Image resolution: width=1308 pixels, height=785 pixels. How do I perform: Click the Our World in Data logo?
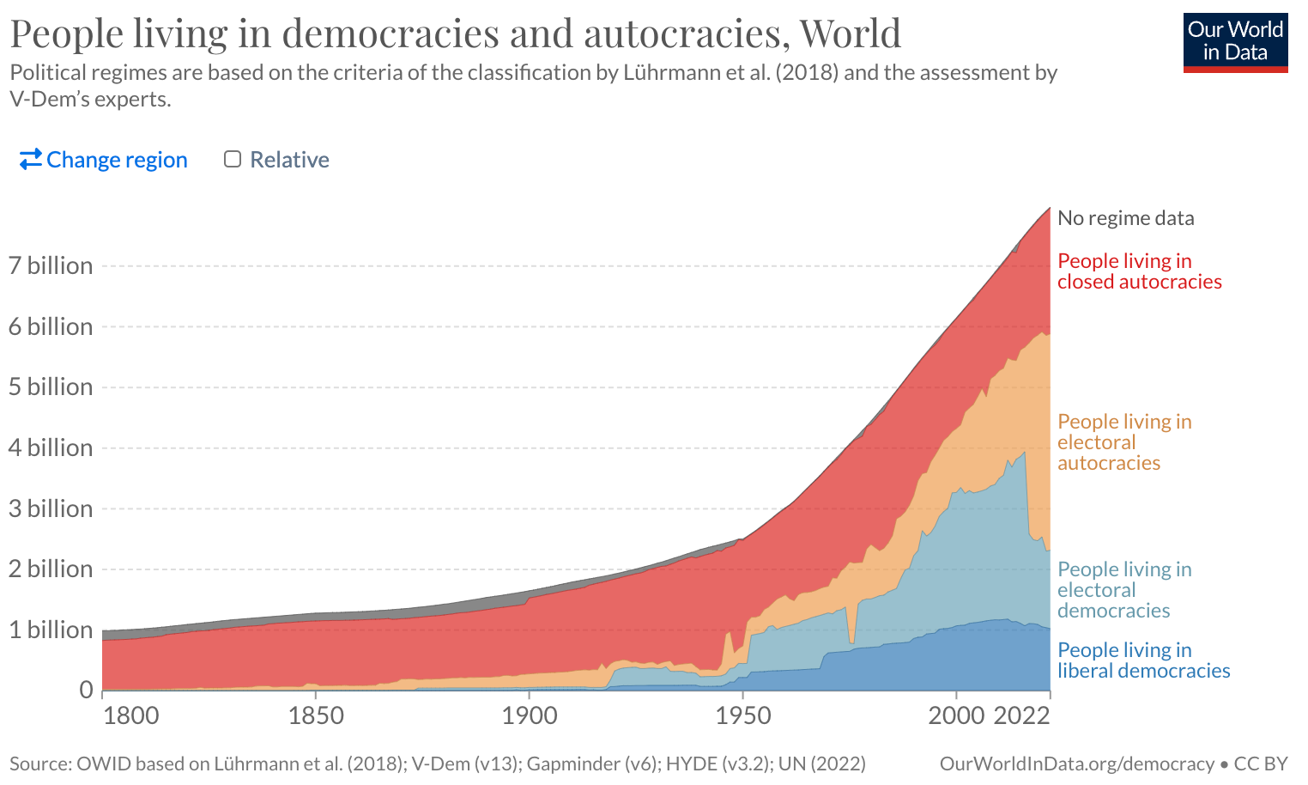[x=1235, y=41]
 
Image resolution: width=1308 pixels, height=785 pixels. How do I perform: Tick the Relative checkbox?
[x=233, y=159]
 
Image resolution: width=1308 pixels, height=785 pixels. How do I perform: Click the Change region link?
[x=104, y=160]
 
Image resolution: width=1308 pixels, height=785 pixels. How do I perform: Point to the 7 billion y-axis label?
[x=51, y=265]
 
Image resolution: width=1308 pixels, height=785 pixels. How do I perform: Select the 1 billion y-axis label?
[x=51, y=630]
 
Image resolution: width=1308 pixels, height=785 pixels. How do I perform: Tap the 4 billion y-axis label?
[x=51, y=447]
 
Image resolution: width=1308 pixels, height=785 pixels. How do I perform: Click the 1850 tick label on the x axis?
[x=316, y=715]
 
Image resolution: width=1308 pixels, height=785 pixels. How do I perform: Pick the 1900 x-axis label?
[x=529, y=715]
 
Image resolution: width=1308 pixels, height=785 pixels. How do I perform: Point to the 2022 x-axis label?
[x=1021, y=715]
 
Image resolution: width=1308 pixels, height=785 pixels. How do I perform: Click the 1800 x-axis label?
[x=130, y=715]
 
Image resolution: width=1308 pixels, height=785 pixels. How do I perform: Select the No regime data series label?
[x=1125, y=218]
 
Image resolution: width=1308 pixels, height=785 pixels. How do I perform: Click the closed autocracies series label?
[x=1139, y=271]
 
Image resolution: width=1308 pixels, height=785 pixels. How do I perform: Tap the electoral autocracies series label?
[x=1124, y=442]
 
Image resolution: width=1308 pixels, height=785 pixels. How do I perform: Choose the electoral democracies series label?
[x=1124, y=590]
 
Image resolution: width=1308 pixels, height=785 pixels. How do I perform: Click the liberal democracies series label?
[x=1143, y=660]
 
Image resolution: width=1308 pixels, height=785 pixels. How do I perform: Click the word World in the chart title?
[x=850, y=33]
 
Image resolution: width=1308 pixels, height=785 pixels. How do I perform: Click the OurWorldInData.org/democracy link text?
[x=1076, y=764]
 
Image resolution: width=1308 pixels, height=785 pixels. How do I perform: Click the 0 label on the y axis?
[x=86, y=690]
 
